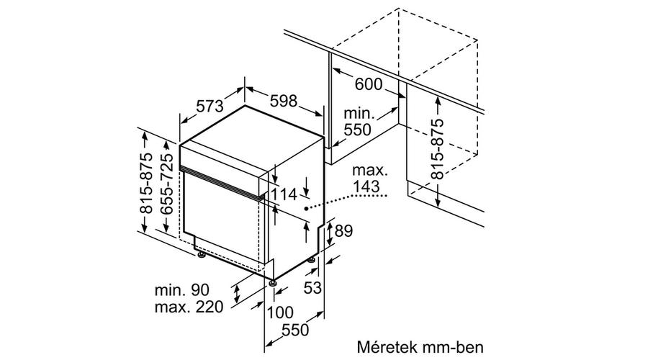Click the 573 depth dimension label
click(x=210, y=107)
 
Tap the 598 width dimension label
click(x=284, y=100)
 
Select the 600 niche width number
click(x=369, y=84)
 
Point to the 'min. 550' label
click(x=358, y=122)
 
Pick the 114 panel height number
click(x=284, y=194)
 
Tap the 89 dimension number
click(x=343, y=231)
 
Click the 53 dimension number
click(x=312, y=288)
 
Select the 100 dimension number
click(x=280, y=312)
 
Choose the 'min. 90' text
click(x=182, y=289)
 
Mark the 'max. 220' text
click(x=189, y=307)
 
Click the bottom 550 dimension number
click(x=295, y=330)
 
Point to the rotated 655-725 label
click(x=167, y=184)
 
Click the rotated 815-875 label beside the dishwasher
click(x=146, y=183)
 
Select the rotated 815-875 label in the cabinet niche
click(x=437, y=149)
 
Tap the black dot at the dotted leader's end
click(x=306, y=209)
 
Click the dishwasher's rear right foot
click(x=312, y=261)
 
